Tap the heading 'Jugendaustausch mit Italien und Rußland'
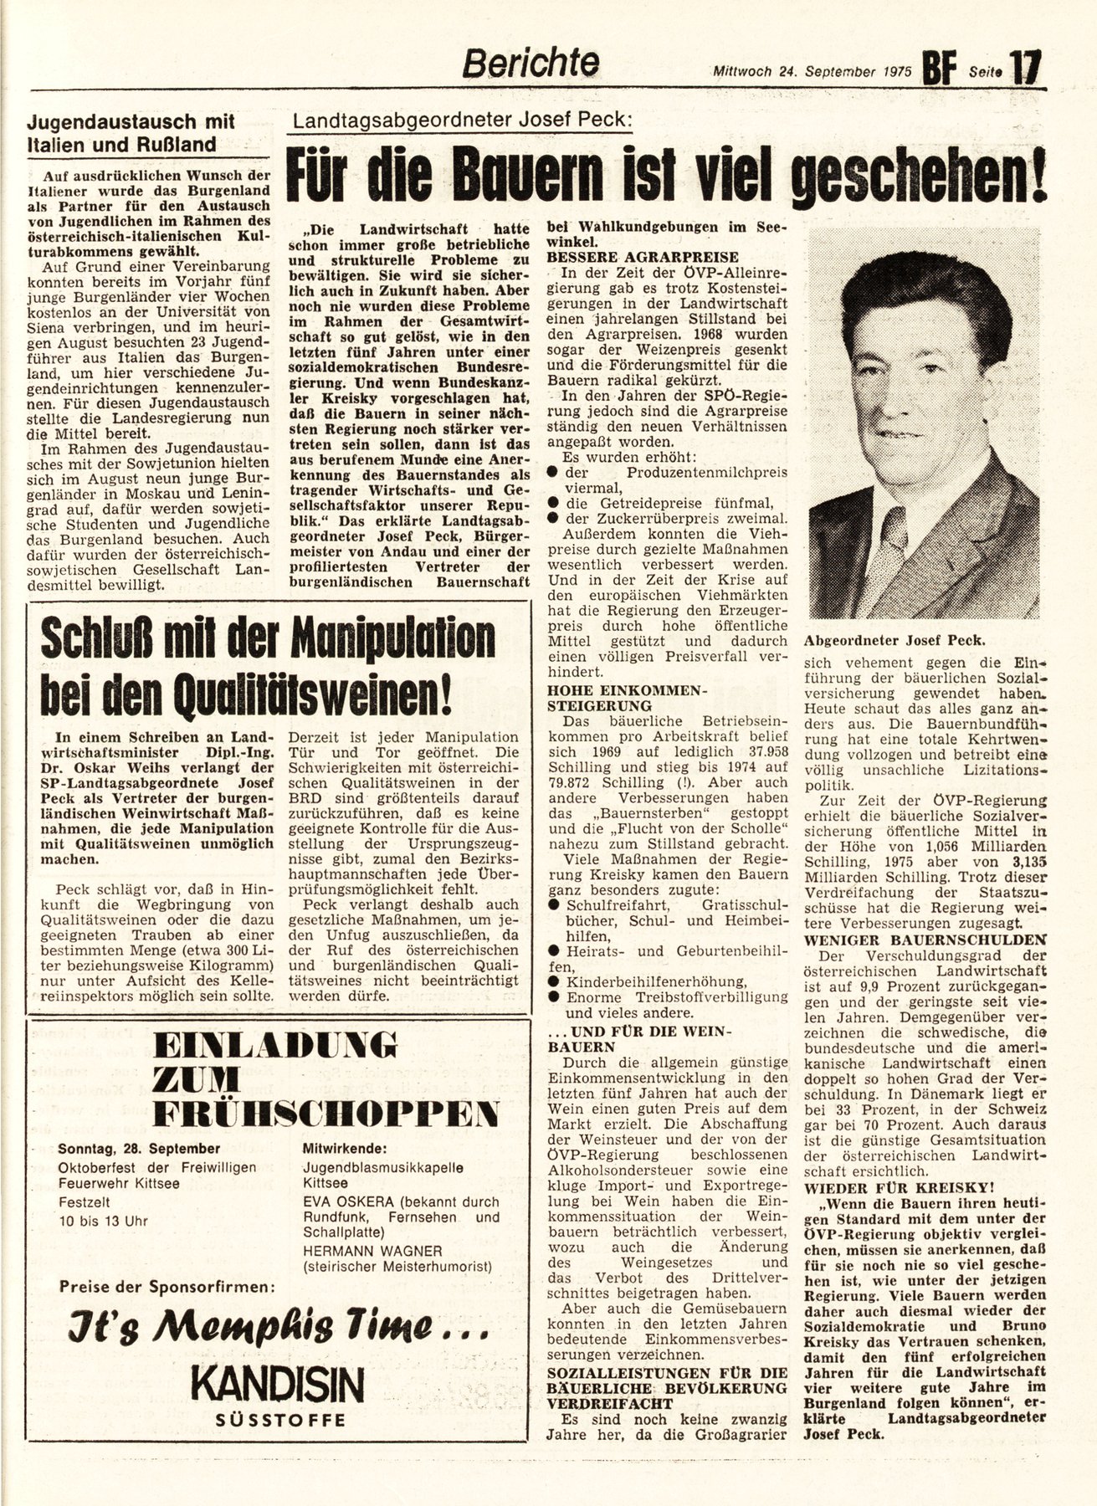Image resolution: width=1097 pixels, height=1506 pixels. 131,132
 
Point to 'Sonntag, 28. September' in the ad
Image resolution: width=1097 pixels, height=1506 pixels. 140,1149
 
